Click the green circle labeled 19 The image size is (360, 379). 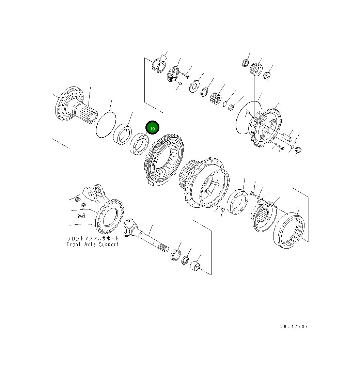pyautogui.click(x=152, y=128)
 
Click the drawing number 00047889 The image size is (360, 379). pyautogui.click(x=294, y=326)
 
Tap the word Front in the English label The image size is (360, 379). pyautogui.click(x=74, y=244)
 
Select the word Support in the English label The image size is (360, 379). pyautogui.click(x=109, y=244)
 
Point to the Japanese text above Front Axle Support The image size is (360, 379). pyautogui.click(x=93, y=238)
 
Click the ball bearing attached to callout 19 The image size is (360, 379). pyautogui.click(x=139, y=145)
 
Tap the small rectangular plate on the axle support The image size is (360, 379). pyautogui.click(x=81, y=215)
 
